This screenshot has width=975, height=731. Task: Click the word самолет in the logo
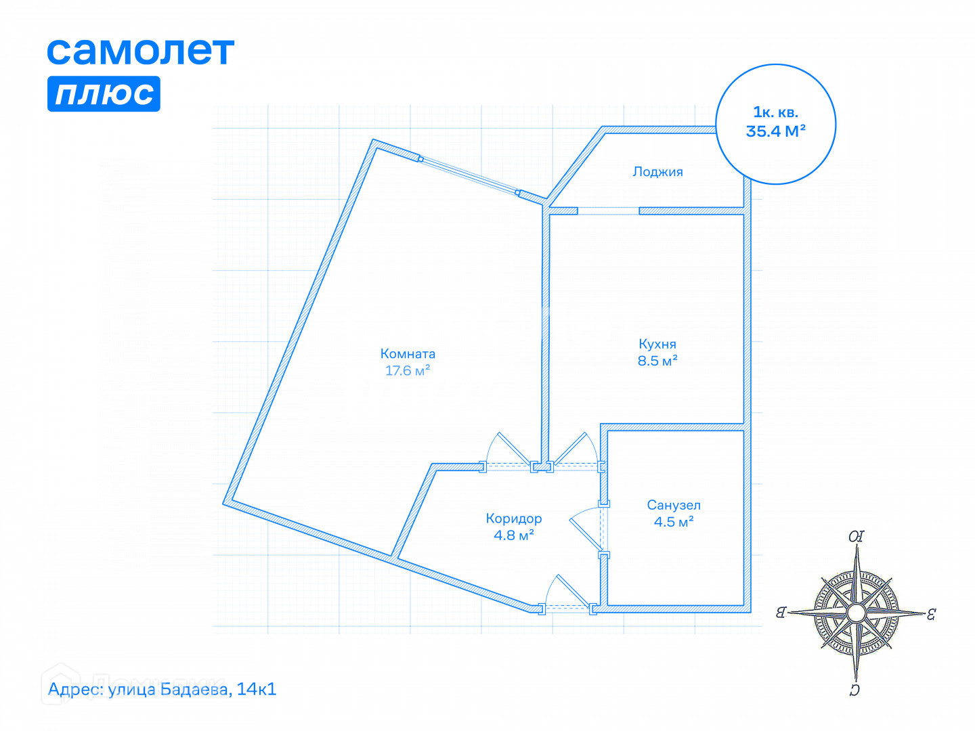point(140,51)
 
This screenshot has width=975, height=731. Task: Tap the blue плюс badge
point(104,93)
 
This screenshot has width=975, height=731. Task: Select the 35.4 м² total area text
point(776,131)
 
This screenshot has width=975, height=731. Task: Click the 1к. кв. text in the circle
point(776,112)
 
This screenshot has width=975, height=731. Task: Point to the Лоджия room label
point(657,172)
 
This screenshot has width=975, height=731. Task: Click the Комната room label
point(408,353)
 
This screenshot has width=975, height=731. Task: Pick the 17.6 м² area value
point(408,371)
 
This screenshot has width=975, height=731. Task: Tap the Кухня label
point(657,344)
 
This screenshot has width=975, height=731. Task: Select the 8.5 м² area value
point(657,361)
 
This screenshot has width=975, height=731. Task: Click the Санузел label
point(674,505)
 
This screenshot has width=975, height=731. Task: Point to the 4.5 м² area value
point(674,522)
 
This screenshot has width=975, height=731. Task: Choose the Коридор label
point(514,518)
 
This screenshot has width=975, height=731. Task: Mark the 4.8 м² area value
point(514,535)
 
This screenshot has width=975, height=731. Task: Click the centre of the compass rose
point(856,613)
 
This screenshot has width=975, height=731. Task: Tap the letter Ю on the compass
point(857,537)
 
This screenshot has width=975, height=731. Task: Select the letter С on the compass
point(854,690)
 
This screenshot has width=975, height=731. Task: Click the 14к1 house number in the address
point(257,690)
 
